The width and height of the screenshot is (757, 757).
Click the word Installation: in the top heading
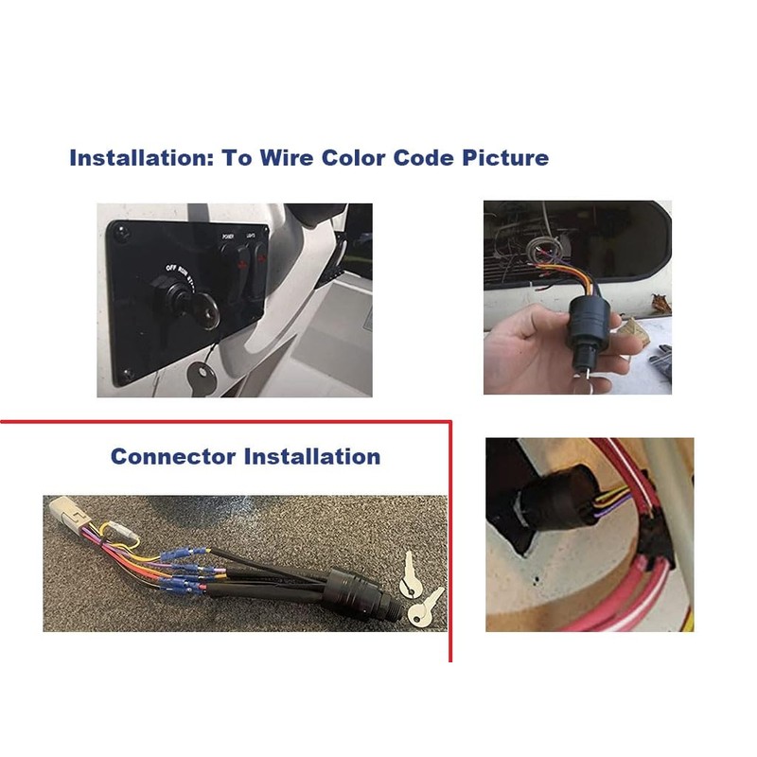[x=140, y=157]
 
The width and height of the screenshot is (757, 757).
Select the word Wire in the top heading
[x=285, y=157]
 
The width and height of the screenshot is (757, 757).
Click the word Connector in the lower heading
[x=173, y=456]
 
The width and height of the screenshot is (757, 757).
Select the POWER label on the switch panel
[x=227, y=236]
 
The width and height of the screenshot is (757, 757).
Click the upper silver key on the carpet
[x=410, y=573]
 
